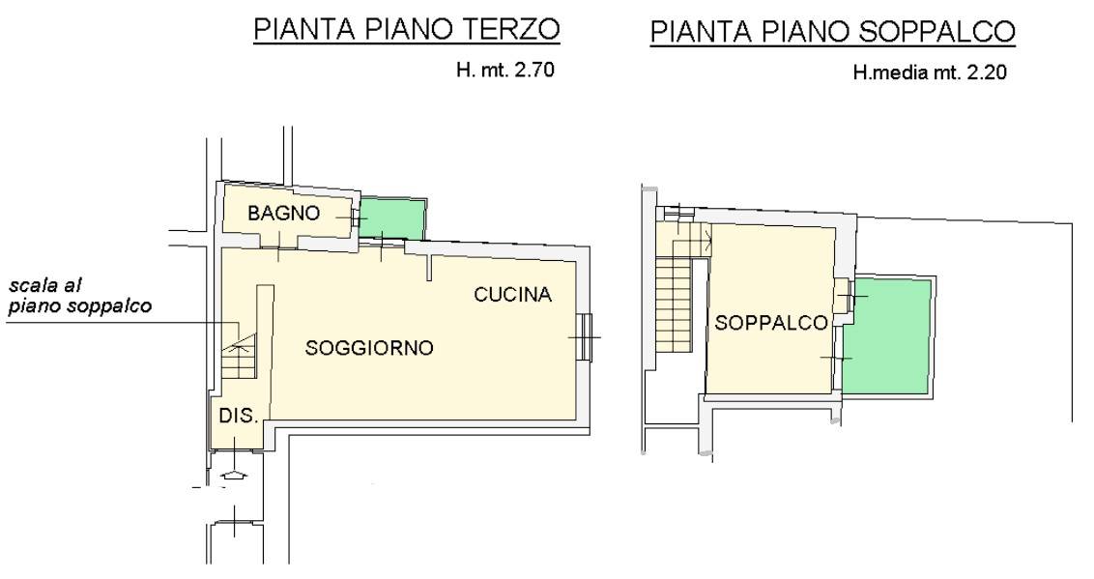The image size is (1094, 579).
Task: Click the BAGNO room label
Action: click(x=283, y=213)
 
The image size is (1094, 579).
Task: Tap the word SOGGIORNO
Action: click(x=369, y=347)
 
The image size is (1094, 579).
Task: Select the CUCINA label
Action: click(x=513, y=295)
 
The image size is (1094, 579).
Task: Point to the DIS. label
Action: click(x=239, y=416)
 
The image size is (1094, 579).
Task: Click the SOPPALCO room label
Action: click(x=771, y=322)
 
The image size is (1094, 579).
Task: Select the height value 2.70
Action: click(x=533, y=71)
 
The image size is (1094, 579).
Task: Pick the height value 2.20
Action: click(x=986, y=72)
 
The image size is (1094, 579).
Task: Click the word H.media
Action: click(x=889, y=72)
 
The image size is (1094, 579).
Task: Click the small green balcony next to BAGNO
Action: click(x=393, y=217)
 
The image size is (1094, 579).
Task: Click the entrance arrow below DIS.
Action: click(x=234, y=475)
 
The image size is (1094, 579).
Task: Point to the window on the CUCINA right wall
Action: click(x=585, y=337)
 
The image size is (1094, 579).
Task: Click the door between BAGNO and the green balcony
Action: click(x=358, y=218)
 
